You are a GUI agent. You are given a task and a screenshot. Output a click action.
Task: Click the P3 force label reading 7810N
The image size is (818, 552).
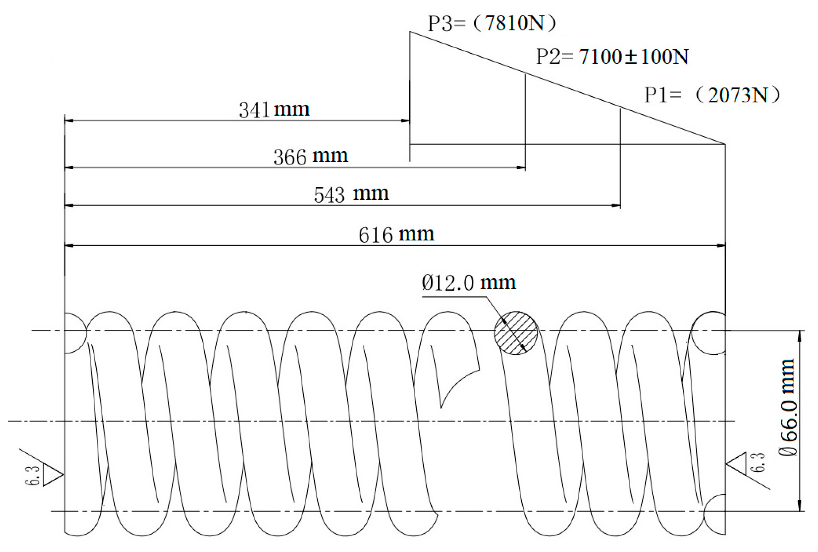pos(492,23)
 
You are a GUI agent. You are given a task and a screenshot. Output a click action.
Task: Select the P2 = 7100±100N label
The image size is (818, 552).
pos(612,57)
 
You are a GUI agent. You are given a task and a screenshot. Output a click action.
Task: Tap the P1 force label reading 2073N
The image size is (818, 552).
pos(712,95)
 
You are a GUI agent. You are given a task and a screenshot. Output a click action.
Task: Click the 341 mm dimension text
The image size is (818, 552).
pos(274,110)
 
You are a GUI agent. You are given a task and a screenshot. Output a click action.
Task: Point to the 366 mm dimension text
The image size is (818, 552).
pos(311,157)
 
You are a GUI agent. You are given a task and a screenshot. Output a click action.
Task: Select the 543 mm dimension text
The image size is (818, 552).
pos(351,194)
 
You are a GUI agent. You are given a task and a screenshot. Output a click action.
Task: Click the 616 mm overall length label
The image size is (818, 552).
pos(396,234)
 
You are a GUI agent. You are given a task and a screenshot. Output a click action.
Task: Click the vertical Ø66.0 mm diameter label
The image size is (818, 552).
pos(788,407)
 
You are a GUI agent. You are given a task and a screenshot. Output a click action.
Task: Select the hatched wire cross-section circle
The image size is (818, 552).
pos(516,333)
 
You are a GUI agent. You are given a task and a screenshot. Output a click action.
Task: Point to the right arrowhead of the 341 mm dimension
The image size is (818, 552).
pos(405,121)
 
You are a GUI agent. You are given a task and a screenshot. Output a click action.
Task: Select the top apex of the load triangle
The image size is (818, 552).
pos(410,32)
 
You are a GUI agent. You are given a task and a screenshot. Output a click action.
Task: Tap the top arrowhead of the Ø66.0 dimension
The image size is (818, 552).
pos(800,336)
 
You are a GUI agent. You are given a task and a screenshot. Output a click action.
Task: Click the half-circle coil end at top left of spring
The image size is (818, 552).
pos(74,333)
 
